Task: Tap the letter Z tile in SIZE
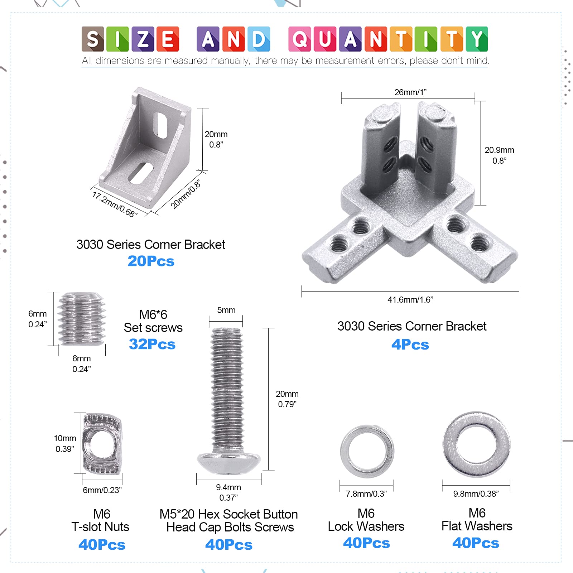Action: (143, 39)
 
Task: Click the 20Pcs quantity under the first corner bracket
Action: (151, 261)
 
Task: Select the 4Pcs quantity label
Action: (410, 345)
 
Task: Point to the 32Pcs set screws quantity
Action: (152, 344)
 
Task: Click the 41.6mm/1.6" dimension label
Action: (410, 300)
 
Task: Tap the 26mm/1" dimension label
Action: (410, 92)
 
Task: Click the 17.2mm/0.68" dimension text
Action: (115, 204)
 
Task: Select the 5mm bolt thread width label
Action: (226, 310)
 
